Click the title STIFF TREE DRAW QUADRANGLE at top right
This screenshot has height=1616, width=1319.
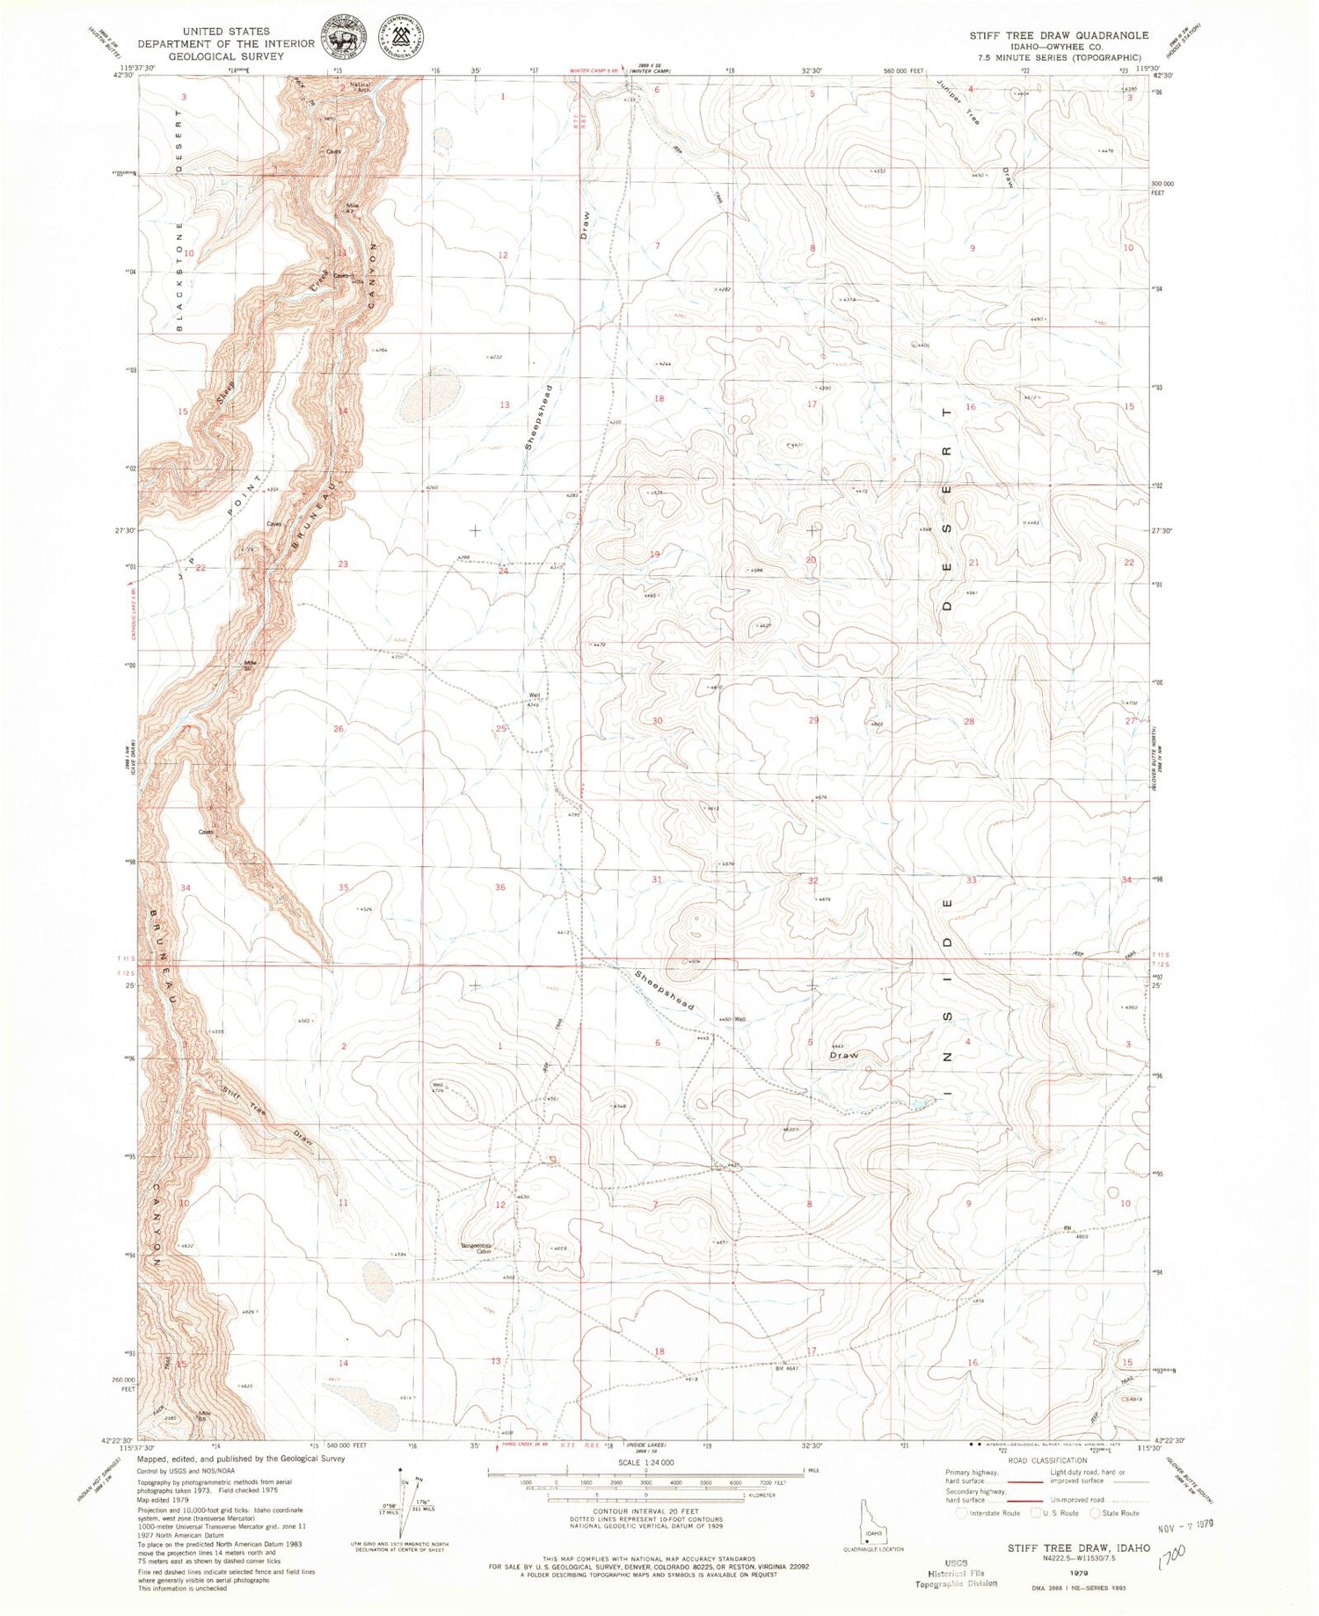click(x=1059, y=35)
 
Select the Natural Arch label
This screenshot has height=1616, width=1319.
click(x=360, y=87)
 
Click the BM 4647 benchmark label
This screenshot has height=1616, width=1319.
click(x=786, y=1368)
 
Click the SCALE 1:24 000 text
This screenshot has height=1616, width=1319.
click(x=645, y=1462)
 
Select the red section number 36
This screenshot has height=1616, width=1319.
click(x=500, y=887)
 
